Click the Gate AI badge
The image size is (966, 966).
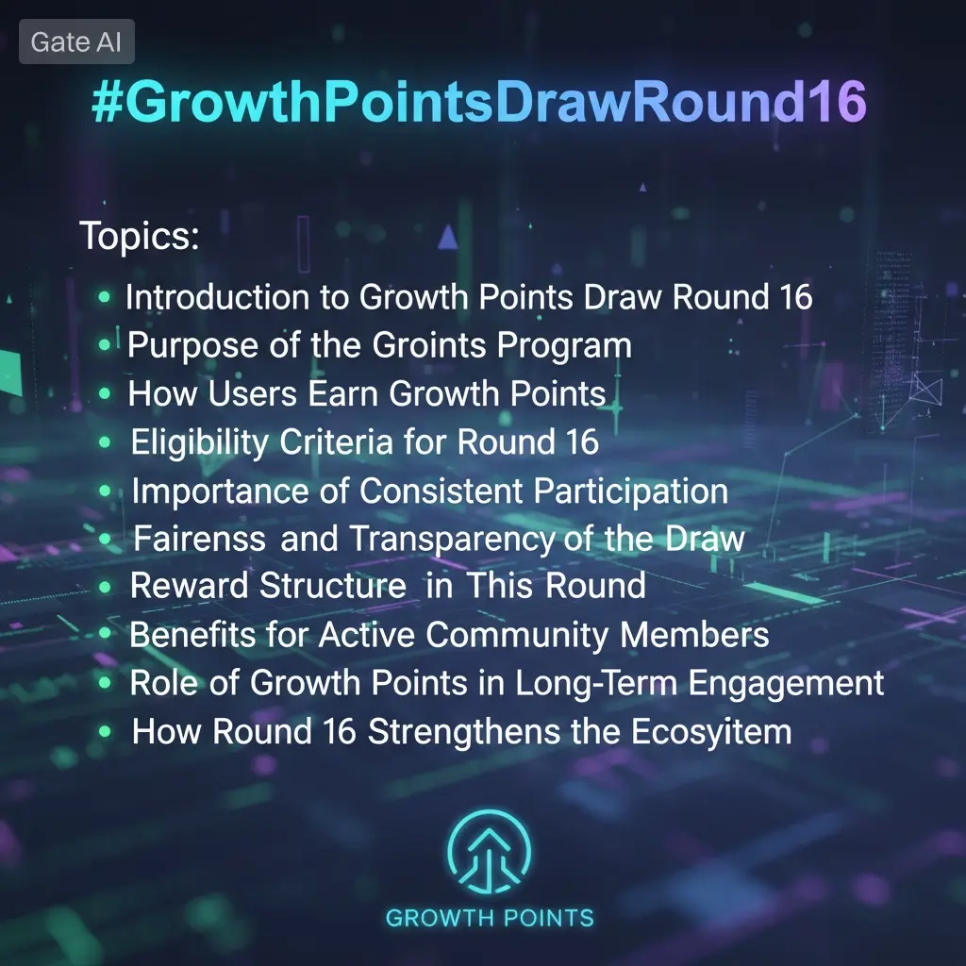click(76, 42)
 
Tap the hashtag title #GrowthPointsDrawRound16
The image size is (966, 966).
click(479, 102)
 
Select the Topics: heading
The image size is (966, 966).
click(140, 236)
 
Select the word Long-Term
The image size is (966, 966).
click(596, 683)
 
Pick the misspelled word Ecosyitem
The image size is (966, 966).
click(711, 733)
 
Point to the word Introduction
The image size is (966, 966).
click(218, 297)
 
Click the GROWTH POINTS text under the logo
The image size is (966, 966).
click(490, 918)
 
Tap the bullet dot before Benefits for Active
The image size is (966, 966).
click(105, 633)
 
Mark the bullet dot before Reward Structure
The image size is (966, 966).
click(105, 587)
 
